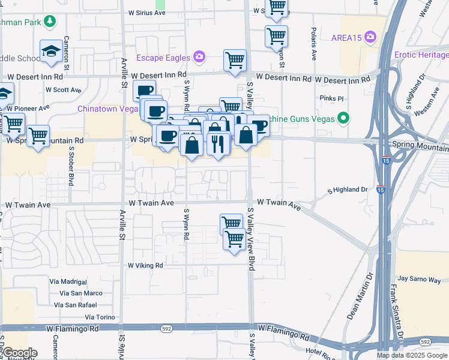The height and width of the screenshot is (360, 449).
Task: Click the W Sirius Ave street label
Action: pyautogui.click(x=150, y=12)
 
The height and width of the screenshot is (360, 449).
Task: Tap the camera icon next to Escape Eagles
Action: pyautogui.click(x=199, y=58)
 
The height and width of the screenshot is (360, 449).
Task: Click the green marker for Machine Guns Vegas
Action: pyautogui.click(x=343, y=118)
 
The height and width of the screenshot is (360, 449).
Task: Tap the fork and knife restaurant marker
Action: pyautogui.click(x=218, y=144)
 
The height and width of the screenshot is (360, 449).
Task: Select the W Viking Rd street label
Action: pyautogui.click(x=145, y=265)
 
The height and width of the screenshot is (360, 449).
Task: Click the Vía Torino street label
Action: pyautogui.click(x=100, y=316)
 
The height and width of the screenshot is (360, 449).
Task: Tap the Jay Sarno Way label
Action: pyautogui.click(x=419, y=279)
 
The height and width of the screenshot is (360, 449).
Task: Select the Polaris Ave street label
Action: pyautogui.click(x=314, y=43)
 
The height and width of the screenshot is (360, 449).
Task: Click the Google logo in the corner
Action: pyautogui.click(x=20, y=353)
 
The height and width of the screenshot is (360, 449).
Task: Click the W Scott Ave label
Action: pyautogui.click(x=63, y=90)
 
